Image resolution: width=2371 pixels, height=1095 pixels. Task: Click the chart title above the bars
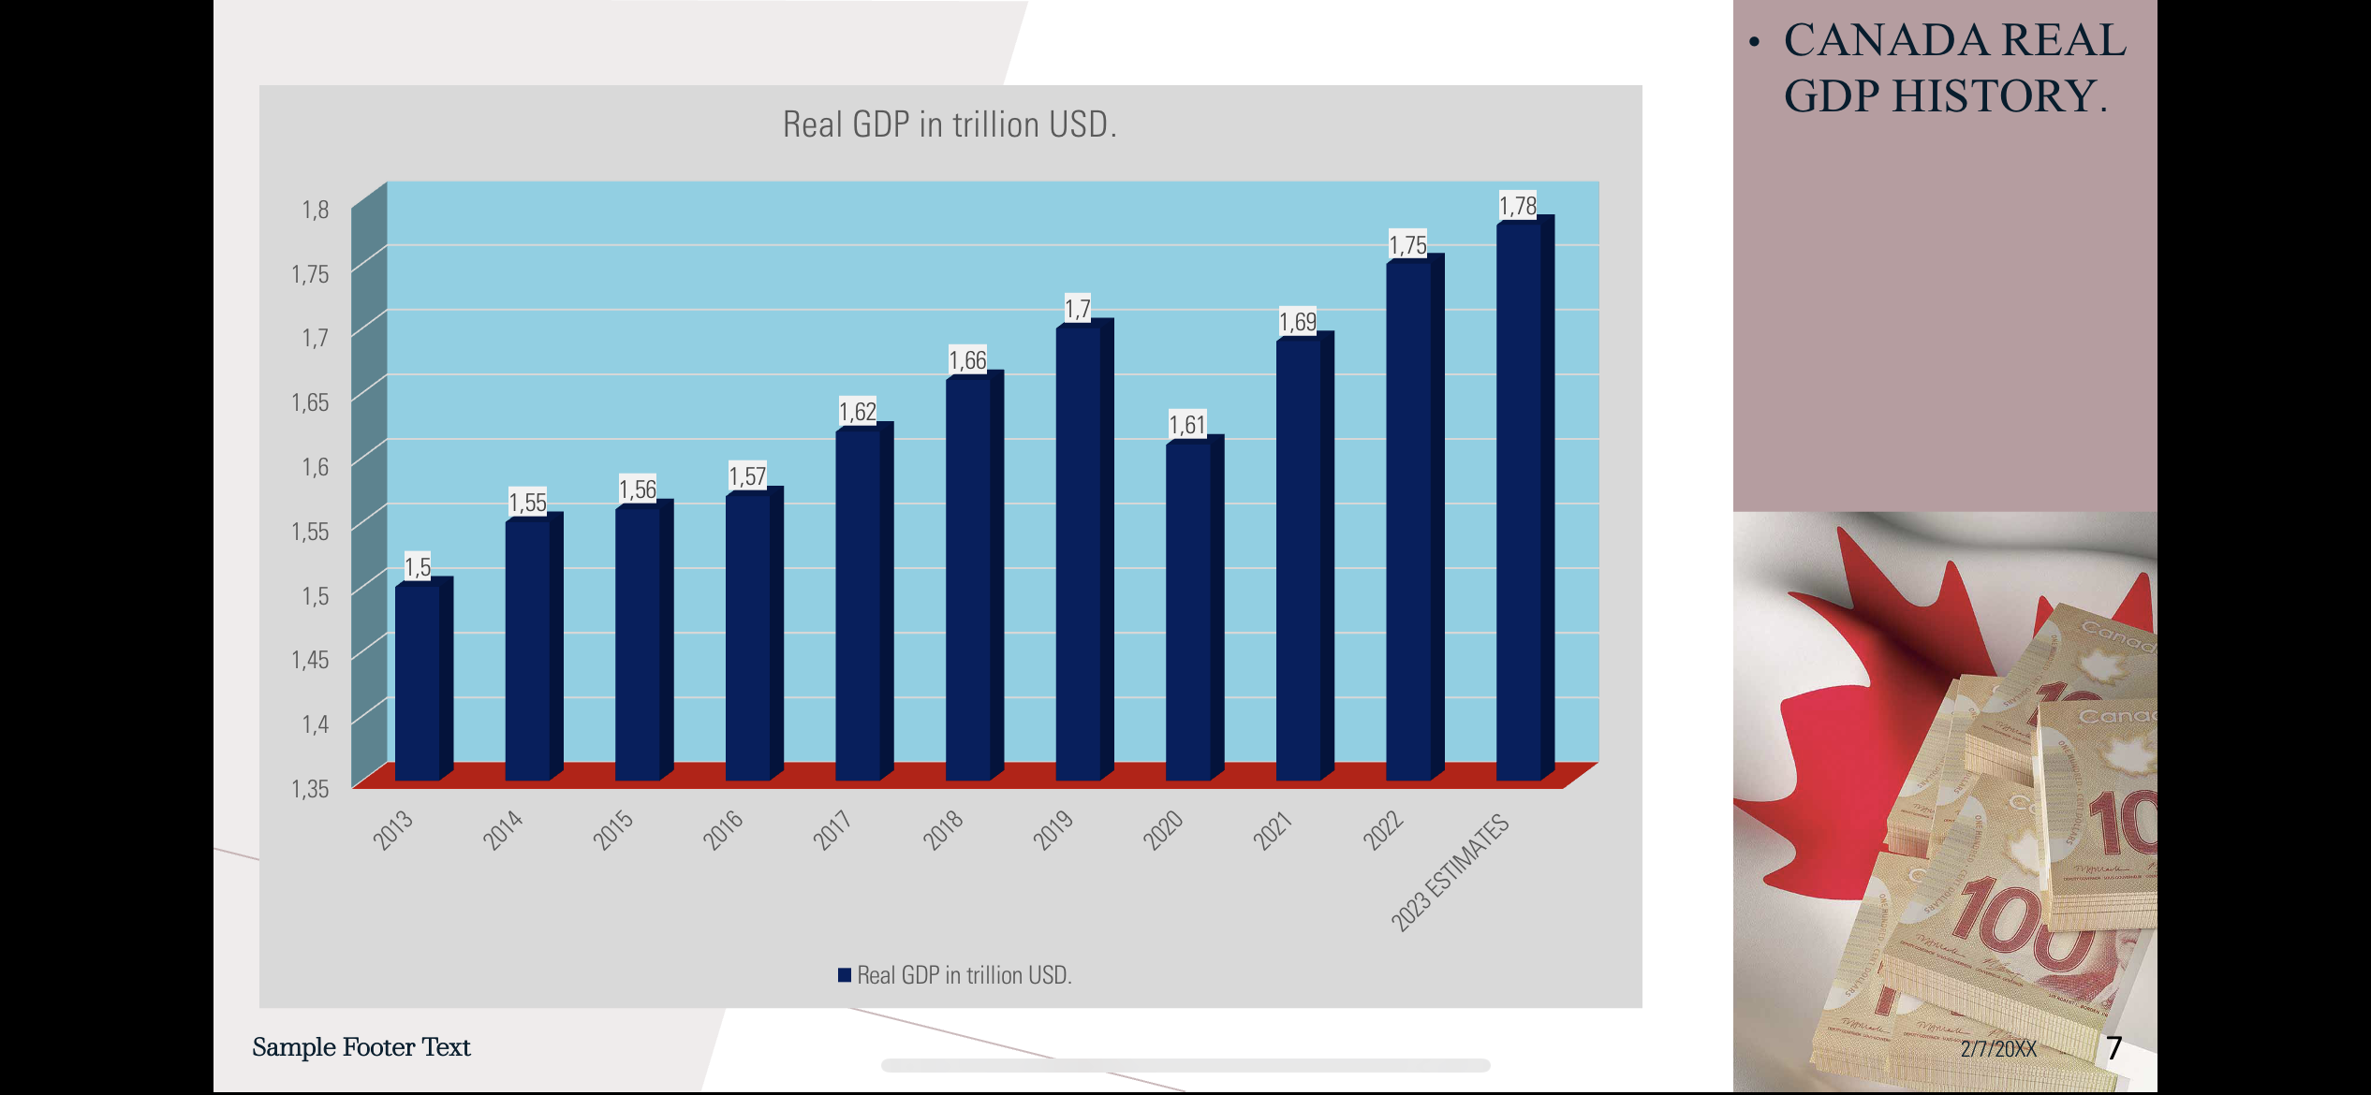pos(950,124)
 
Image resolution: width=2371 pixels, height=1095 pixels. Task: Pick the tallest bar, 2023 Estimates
pos(1519,501)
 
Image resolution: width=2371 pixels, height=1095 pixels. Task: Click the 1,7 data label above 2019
pos(1078,309)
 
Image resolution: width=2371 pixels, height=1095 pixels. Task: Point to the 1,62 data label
pos(857,412)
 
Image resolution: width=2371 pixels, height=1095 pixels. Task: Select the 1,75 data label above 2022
pos(1407,245)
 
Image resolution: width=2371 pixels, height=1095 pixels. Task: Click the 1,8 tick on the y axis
pos(315,210)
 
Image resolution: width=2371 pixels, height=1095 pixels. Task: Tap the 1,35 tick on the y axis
pos(310,789)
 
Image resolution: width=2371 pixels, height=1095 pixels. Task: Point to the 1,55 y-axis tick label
pos(310,532)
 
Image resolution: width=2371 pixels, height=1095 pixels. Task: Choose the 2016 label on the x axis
pos(723,829)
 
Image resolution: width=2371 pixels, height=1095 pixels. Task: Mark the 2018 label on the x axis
pos(943,829)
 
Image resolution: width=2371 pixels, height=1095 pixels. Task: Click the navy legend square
pos(845,975)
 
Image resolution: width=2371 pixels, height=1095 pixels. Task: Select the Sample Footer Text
pos(361,1047)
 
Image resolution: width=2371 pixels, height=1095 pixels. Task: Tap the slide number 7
pos(2113,1047)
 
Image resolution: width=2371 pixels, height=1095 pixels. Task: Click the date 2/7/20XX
pos(1998,1048)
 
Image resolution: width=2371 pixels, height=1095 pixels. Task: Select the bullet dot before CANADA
pos(1755,42)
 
